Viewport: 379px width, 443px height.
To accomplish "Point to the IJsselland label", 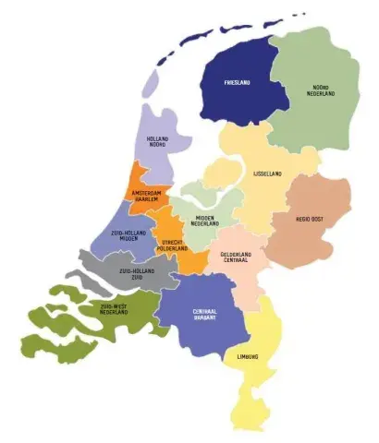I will click(267, 173).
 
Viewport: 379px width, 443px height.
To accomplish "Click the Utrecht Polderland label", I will click(172, 245).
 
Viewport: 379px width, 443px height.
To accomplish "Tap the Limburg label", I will click(247, 355).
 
